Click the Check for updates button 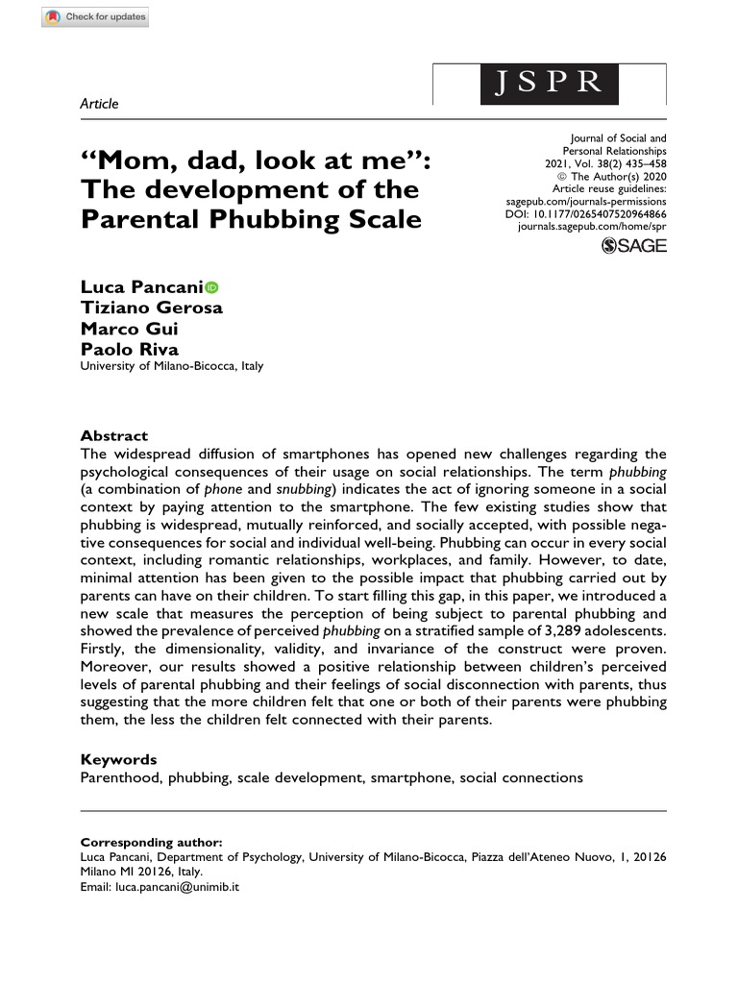97,17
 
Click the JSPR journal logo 550,81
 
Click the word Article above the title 99,103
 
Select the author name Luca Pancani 140,287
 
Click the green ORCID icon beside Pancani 211,287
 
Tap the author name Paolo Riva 129,349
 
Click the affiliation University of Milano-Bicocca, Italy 171,366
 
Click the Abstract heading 113,435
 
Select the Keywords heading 118,760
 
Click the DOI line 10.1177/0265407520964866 585,214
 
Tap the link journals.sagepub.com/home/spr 591,227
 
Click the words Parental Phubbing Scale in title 251,219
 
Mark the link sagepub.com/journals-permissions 585,202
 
